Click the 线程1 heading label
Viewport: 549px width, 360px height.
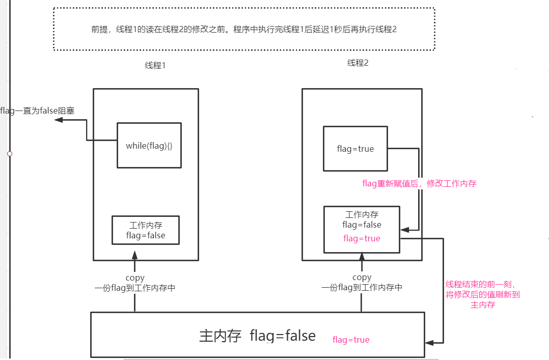[x=155, y=66]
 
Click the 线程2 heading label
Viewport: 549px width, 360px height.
[x=358, y=63]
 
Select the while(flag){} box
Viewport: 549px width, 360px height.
[x=149, y=146]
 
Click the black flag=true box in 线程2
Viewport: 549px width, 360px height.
[x=355, y=149]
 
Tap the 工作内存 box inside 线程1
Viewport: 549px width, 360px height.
[x=146, y=230]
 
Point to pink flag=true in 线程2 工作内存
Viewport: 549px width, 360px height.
[x=362, y=238]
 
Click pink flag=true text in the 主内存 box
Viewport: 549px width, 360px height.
[x=351, y=340]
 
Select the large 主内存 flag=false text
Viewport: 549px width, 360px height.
[x=257, y=336]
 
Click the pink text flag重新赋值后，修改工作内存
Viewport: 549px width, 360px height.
[x=419, y=184]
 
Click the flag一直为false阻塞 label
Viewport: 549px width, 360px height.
[x=37, y=110]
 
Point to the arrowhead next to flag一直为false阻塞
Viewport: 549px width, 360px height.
[x=59, y=120]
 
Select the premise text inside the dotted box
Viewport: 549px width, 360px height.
[x=244, y=30]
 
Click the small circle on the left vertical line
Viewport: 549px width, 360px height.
[x=9, y=153]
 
